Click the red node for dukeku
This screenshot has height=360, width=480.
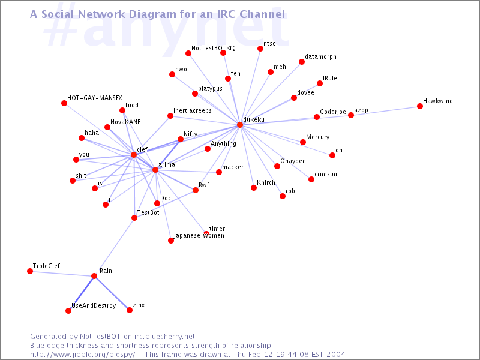click(240, 125)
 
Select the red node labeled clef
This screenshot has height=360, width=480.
click(133, 155)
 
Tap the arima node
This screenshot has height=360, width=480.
click(155, 170)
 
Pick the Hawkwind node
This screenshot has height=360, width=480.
click(419, 106)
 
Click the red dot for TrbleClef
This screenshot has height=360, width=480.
click(30, 271)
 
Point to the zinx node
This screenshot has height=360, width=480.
click(130, 310)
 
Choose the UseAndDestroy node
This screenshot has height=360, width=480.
click(68, 311)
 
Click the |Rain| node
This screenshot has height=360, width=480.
click(94, 276)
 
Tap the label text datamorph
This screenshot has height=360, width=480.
click(320, 56)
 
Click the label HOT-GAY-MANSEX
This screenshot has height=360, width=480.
click(95, 98)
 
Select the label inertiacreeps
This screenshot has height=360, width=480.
click(193, 110)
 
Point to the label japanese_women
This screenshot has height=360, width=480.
click(199, 236)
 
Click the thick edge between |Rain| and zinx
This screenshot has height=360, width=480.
click(112, 293)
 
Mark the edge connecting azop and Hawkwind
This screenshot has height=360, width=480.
click(385, 111)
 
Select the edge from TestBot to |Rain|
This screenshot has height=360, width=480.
click(114, 247)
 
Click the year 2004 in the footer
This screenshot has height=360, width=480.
click(335, 355)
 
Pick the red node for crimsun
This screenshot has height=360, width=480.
click(311, 179)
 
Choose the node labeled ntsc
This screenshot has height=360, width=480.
click(260, 49)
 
